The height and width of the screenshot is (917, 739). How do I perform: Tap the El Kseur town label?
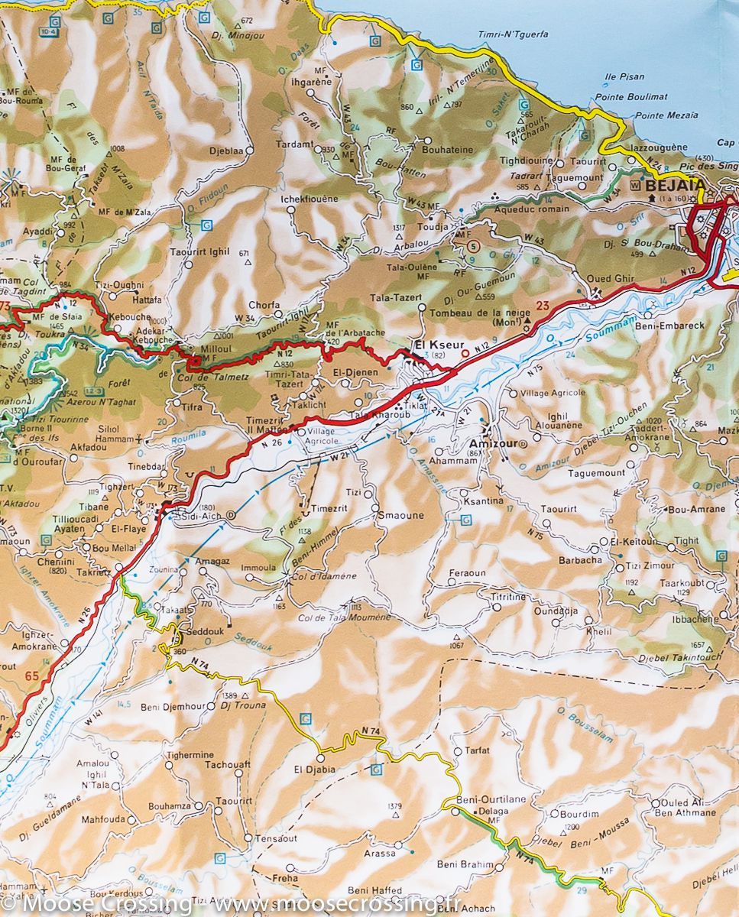pos(432,345)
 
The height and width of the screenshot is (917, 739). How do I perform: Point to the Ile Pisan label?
pos(624,77)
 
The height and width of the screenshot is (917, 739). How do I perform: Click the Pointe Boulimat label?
pos(631,97)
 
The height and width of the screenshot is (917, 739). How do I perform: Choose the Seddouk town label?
pos(206,634)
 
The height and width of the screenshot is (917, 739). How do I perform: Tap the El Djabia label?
pos(315,770)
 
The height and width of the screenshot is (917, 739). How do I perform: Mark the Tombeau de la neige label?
pos(474,313)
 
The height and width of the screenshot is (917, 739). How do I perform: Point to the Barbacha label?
pos(580,559)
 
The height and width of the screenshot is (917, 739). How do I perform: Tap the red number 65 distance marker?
pos(31,676)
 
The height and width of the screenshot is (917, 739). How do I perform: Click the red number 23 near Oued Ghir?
pos(543,306)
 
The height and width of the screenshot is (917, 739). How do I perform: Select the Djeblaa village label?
pos(226,151)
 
